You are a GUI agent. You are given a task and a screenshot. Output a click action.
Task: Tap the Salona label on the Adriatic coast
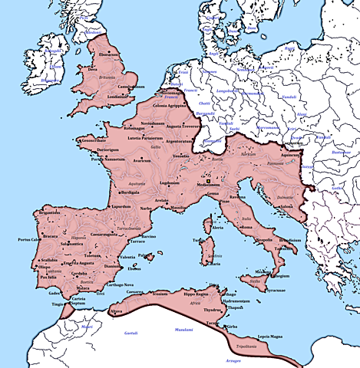[287, 205]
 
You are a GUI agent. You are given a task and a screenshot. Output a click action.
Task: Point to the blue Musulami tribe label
[182, 330]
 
